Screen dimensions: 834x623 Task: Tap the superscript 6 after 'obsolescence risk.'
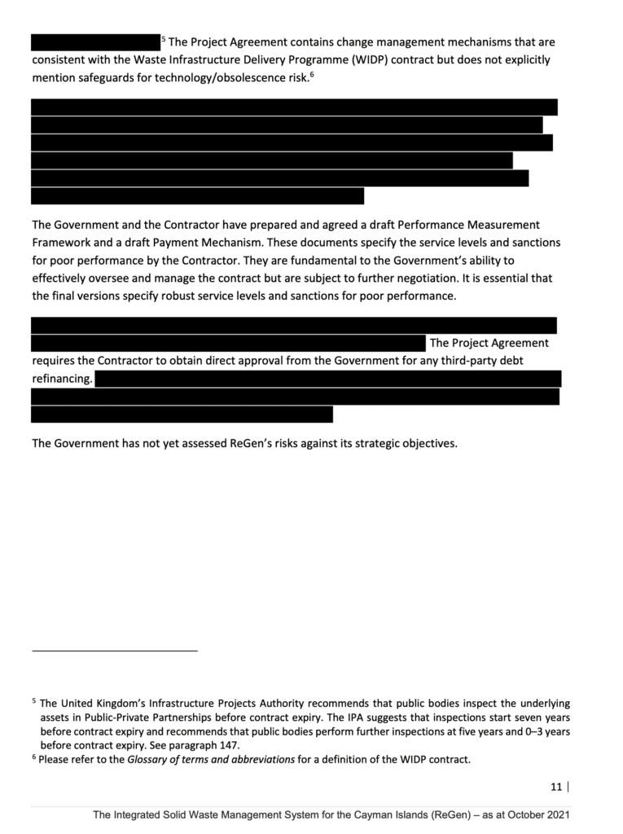click(312, 74)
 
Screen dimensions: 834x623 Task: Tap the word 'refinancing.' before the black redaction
click(62, 379)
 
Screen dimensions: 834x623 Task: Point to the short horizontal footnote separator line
click(114, 651)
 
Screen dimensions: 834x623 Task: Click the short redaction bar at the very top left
click(95, 42)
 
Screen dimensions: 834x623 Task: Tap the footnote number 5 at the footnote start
click(34, 700)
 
